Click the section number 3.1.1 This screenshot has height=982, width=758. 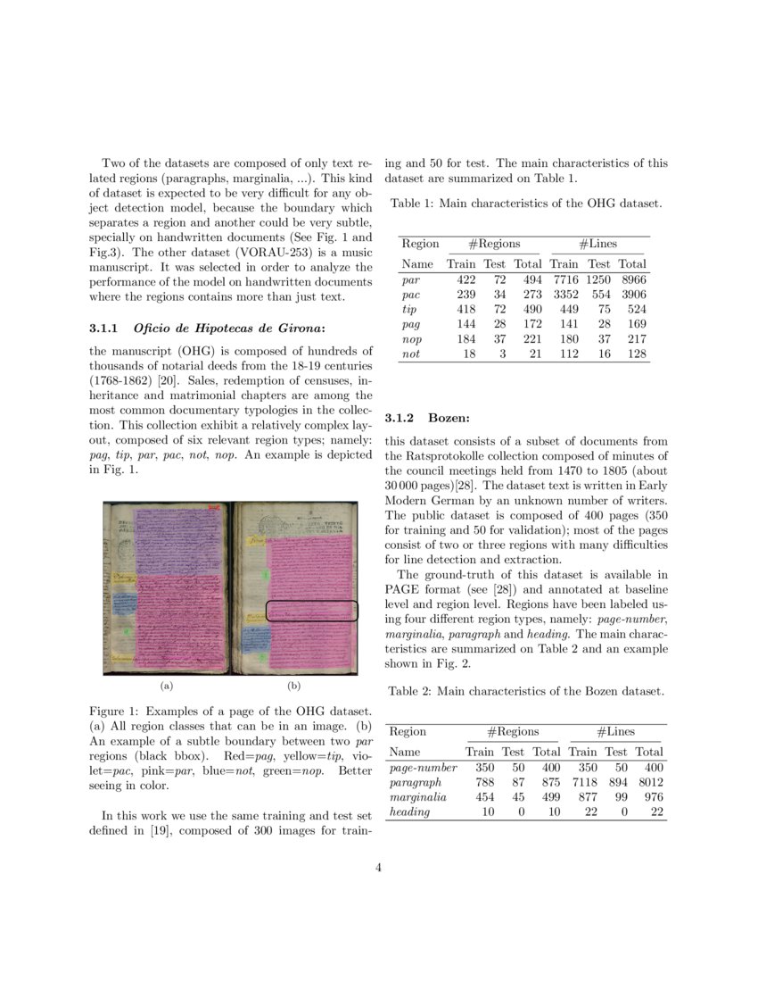104,329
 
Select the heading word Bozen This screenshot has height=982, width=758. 448,417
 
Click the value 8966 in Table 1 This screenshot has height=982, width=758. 633,279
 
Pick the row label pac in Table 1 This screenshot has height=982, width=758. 411,295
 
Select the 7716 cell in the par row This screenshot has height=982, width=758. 565,279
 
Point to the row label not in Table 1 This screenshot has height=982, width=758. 410,354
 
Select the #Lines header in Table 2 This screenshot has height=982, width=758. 614,731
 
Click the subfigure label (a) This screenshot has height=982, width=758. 165,687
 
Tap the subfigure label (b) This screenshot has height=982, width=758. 294,687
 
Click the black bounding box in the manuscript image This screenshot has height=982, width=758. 312,612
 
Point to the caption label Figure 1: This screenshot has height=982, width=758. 115,712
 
